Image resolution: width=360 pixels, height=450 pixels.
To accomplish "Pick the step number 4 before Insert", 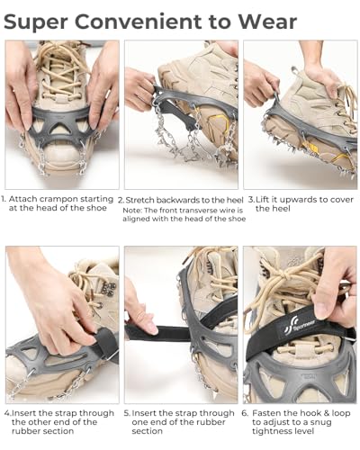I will [x=7, y=413].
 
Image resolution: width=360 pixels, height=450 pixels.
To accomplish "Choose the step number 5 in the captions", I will [x=127, y=413].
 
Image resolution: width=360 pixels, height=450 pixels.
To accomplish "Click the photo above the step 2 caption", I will [x=181, y=114].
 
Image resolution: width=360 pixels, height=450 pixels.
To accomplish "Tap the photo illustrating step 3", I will [x=300, y=114].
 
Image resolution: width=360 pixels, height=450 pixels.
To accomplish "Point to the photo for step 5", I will [x=181, y=325].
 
